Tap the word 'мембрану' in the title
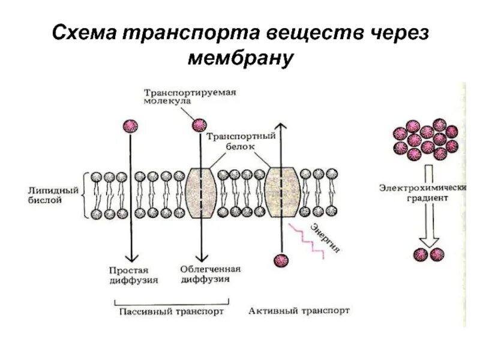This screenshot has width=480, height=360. tap(239, 58)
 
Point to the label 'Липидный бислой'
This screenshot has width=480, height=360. tap(54, 195)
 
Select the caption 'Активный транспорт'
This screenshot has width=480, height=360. tap(299, 311)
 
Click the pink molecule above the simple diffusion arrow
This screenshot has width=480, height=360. tap(130, 126)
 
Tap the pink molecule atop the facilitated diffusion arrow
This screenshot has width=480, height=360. tap(199, 125)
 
